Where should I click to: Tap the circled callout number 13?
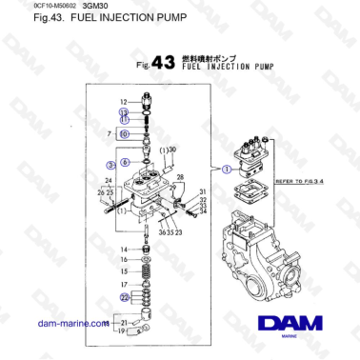pyautogui.click(x=124, y=112)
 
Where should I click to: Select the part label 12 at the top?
pyautogui.click(x=124, y=101)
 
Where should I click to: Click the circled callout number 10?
pyautogui.click(x=124, y=135)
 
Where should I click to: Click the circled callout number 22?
pyautogui.click(x=124, y=297)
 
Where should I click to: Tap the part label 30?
pyautogui.click(x=172, y=150)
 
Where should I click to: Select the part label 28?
pyautogui.click(x=180, y=177)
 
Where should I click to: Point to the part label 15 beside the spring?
pyautogui.click(x=124, y=271)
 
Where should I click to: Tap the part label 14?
pyautogui.click(x=124, y=250)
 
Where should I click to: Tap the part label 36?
pyautogui.click(x=159, y=231)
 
